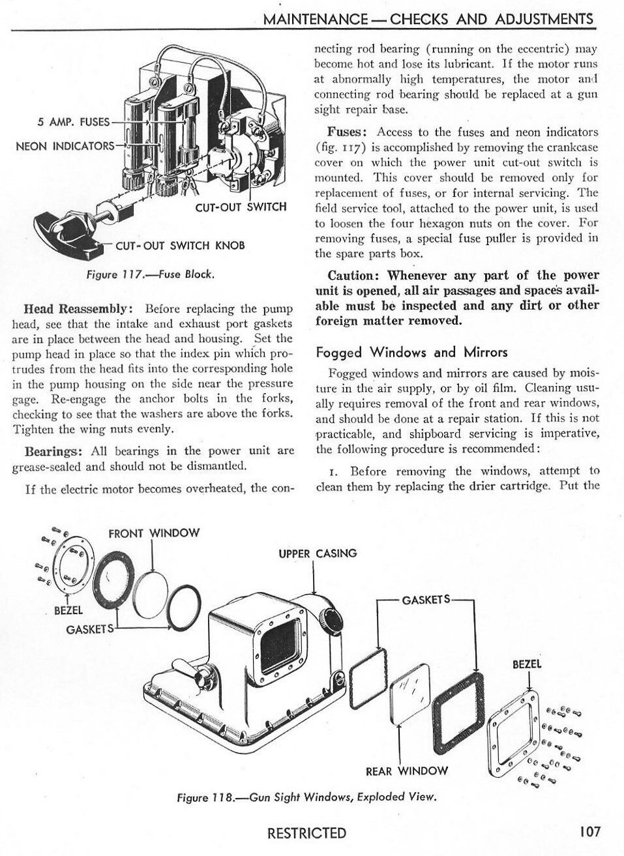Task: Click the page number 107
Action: pos(588,831)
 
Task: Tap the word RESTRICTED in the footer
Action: pos(306,832)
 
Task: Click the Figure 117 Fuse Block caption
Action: pos(150,274)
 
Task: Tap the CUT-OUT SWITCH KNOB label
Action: pos(180,246)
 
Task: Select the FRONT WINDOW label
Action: pos(154,533)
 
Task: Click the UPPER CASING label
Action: pos(318,553)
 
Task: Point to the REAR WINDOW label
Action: pos(407,771)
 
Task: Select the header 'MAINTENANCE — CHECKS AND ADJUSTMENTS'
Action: pos(428,19)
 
